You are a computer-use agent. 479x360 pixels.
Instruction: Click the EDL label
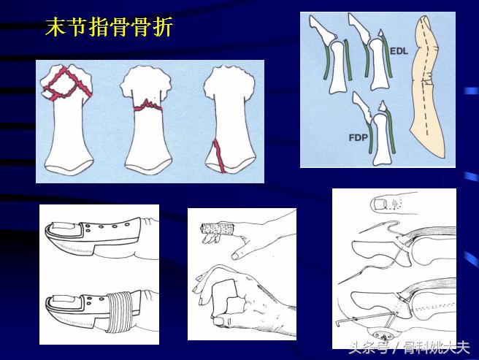[x=399, y=52]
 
